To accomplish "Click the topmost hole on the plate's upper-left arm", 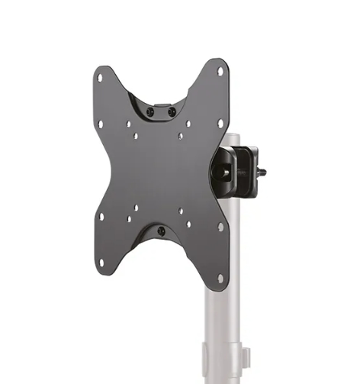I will (x=100, y=76).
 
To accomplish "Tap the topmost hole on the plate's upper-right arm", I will (x=220, y=72).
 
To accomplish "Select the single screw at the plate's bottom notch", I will (x=161, y=231).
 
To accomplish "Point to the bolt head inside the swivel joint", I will (x=227, y=173).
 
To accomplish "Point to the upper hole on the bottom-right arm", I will (x=220, y=227).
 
